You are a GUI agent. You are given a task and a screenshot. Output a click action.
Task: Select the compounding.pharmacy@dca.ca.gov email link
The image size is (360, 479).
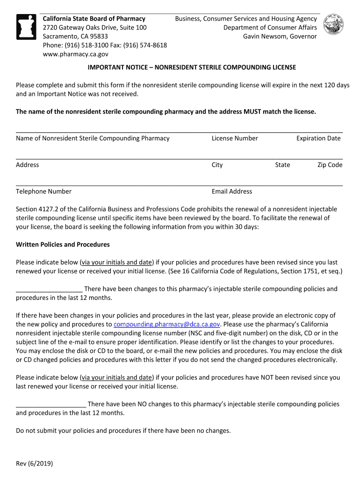click(167, 324)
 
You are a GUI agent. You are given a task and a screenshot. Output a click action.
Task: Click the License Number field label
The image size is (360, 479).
click(235, 138)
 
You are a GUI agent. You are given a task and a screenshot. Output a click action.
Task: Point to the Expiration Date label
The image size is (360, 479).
click(318, 138)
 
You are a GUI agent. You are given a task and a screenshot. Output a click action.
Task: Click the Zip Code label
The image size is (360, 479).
click(330, 165)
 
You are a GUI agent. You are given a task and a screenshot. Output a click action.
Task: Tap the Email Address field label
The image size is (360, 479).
click(232, 191)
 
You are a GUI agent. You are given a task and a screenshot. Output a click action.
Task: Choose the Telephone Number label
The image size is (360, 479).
click(43, 191)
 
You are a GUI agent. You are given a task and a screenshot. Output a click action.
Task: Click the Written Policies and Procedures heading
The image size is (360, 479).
click(63, 245)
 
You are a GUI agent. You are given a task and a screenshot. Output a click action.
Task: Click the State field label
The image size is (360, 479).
click(282, 165)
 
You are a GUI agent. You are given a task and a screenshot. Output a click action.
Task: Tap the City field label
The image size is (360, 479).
click(217, 165)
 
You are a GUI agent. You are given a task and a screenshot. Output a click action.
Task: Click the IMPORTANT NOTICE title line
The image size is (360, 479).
click(192, 67)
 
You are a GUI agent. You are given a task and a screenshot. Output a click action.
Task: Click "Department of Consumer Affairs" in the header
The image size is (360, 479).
click(270, 28)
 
